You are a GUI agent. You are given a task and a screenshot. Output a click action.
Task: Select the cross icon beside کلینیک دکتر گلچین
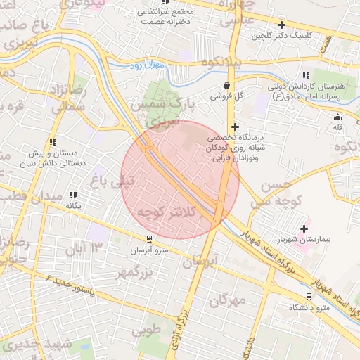pos(281,25)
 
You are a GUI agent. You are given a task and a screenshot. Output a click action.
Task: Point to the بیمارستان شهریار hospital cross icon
pos(304,228)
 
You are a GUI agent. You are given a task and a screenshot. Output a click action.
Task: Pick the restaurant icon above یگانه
pos(74,195)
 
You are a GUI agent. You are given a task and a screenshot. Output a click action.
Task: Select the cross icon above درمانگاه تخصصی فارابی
pos(235,126)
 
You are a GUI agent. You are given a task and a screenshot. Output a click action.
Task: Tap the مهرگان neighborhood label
pos(228,301)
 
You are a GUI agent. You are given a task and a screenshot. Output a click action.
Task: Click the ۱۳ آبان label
pos(84,247)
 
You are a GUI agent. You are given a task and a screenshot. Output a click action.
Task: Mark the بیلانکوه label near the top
pos(212,62)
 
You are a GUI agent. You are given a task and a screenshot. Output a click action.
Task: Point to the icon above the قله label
pos(338,117)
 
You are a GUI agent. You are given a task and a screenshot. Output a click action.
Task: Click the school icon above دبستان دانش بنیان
pos(74,141)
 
